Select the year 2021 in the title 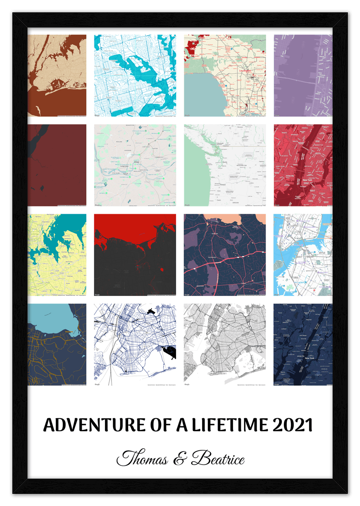coord(293,426)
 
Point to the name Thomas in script coord(142,459)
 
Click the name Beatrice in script coord(218,459)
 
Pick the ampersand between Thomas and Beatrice coord(179,460)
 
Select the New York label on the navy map coord(310,358)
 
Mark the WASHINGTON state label coord(238,166)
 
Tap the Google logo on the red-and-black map coord(97,294)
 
